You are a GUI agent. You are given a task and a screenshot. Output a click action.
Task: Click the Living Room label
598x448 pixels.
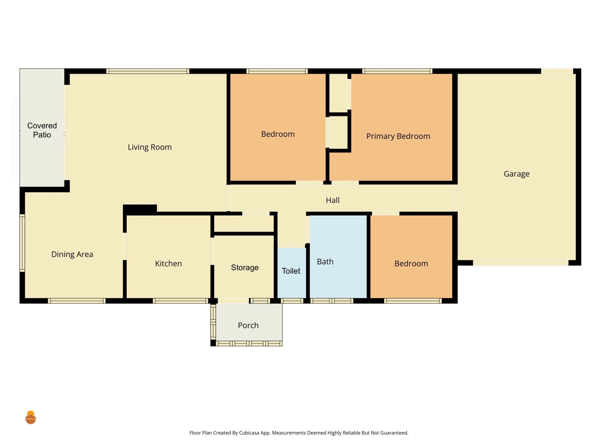coord(149,147)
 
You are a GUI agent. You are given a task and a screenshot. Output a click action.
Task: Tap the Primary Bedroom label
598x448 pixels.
coord(398,136)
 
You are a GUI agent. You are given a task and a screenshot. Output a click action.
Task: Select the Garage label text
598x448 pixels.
coord(517,174)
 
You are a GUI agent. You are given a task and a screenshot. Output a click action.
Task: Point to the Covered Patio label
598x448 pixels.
coord(42,130)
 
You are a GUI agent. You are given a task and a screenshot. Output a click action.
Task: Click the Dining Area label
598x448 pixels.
coord(72,254)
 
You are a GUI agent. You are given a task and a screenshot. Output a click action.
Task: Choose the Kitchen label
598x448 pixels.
coord(168,264)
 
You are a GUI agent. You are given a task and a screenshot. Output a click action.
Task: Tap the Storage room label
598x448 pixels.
coord(245,268)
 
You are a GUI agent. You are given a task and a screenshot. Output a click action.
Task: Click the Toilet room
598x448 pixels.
coord(291,271)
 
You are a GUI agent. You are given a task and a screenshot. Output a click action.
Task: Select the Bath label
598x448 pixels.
coord(325,262)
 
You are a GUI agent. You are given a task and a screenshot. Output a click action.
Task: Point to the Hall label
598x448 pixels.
coord(333,200)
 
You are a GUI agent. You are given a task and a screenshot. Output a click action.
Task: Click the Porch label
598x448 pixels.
coord(248,325)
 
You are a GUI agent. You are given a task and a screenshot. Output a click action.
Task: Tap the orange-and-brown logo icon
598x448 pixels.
coord(31,417)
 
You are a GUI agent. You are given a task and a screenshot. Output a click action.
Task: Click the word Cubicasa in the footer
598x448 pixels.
coord(249,433)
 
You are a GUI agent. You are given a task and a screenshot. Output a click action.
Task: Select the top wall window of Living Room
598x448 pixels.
coord(148,71)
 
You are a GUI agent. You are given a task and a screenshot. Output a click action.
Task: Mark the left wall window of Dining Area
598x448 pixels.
coord(22,243)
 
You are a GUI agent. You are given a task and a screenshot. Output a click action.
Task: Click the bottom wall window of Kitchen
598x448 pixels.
coord(180,301)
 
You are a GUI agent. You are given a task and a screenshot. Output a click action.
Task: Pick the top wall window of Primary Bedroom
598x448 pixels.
coord(397,71)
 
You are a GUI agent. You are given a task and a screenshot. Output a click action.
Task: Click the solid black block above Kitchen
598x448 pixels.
coord(140,210)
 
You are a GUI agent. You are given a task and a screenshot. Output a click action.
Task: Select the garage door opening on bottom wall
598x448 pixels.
coord(521,263)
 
